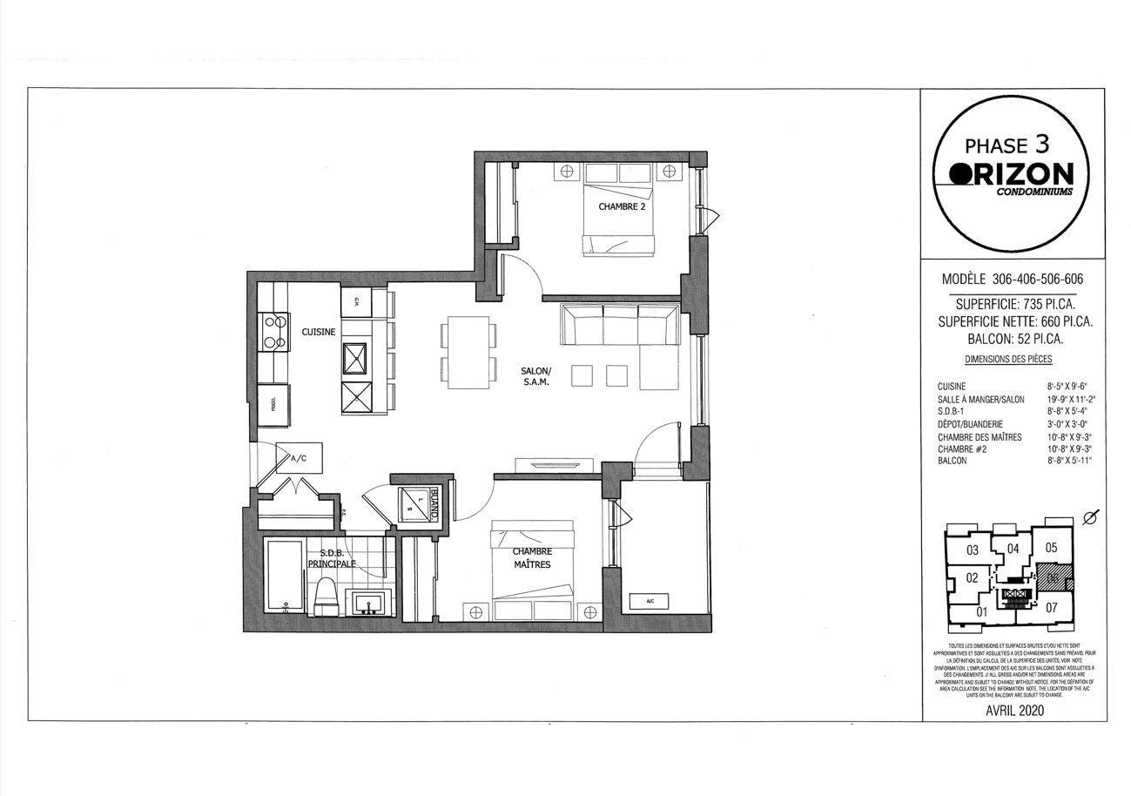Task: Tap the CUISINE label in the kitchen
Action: coord(319,332)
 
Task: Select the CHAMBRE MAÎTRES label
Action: coord(531,557)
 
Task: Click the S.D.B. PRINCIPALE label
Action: coord(337,557)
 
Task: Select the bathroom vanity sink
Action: coord(370,603)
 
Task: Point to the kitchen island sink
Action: coord(357,358)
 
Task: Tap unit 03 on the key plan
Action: coord(973,550)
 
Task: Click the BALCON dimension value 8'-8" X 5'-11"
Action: coord(1068,461)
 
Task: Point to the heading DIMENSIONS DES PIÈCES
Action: coord(1008,359)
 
